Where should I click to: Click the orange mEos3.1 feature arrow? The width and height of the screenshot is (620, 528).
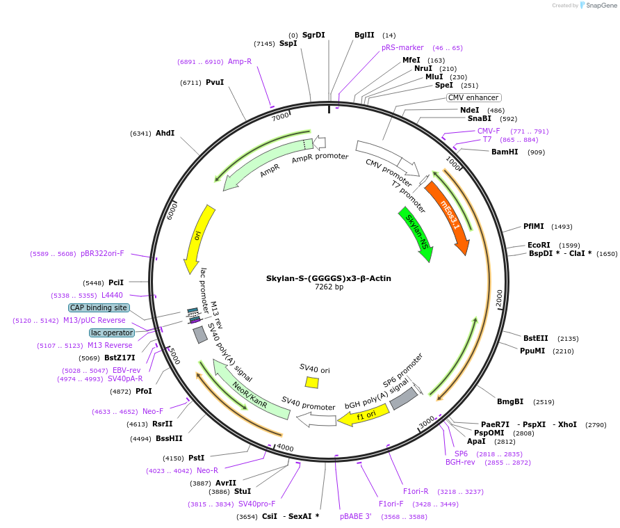point(448,216)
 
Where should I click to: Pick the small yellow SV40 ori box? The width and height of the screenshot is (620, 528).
point(312,383)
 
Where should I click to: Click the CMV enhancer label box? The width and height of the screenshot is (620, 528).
point(473,98)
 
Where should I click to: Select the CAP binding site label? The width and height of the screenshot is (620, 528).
point(99,307)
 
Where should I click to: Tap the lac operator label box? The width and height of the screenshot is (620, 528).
point(112,333)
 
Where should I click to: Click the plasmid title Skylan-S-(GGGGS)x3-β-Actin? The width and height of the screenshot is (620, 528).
point(328,278)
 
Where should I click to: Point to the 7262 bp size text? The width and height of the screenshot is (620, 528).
point(329,287)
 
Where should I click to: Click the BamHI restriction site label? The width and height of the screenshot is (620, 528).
point(505,152)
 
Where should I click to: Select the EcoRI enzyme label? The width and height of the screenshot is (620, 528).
point(539,245)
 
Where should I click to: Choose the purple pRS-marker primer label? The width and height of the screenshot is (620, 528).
point(402,47)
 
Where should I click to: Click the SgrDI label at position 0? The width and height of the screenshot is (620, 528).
point(313,35)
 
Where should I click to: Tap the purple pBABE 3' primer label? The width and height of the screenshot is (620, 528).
point(356,516)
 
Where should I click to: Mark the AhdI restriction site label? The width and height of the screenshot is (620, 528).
point(165,133)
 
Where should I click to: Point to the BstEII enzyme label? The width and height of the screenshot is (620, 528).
point(536,338)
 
